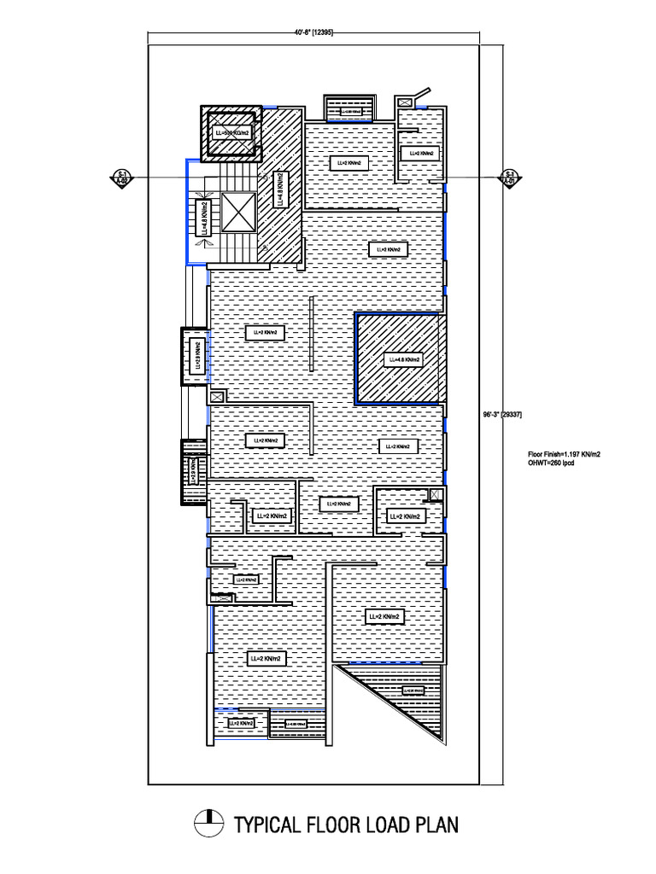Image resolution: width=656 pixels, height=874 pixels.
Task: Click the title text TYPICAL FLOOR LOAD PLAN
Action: [x=346, y=824]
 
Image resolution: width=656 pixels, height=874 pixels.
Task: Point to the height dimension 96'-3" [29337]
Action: [x=502, y=415]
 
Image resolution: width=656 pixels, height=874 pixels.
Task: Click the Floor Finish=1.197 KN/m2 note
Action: [x=564, y=454]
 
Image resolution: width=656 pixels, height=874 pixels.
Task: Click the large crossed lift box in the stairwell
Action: [x=238, y=212]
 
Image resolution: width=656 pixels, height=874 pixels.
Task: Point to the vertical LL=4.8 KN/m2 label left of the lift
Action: [x=203, y=218]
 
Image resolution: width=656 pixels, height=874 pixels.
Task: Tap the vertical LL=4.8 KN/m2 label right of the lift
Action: [x=279, y=189]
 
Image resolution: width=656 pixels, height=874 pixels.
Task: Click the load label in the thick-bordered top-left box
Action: [x=231, y=133]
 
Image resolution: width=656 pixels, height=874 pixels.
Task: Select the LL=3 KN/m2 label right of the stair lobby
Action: [x=388, y=249]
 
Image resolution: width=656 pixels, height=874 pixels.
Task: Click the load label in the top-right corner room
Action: [x=420, y=153]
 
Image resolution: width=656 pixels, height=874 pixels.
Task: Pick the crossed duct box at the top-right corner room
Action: [x=405, y=102]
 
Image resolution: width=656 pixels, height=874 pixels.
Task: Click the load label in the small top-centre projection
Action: [x=350, y=111]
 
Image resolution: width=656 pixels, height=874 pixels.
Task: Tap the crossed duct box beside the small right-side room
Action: [x=436, y=494]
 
